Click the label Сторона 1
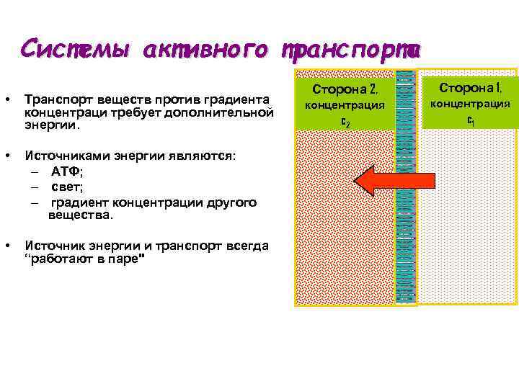(x=470, y=88)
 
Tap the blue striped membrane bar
(x=407, y=238)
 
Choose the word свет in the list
(x=66, y=187)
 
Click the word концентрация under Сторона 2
(x=345, y=105)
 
